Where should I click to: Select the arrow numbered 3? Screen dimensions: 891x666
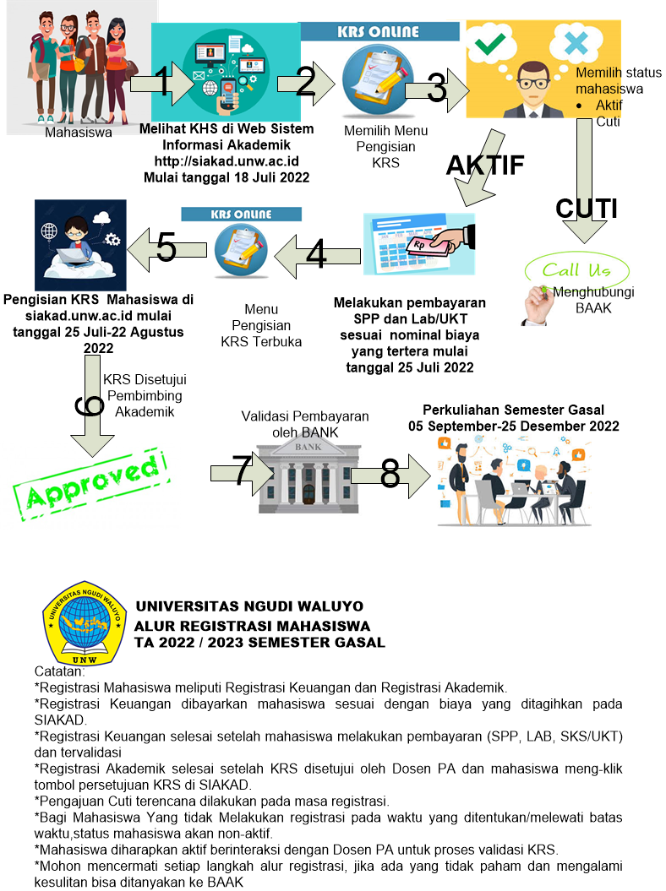point(436,88)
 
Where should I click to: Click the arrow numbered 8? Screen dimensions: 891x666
point(389,475)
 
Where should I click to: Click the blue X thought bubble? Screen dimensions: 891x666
point(574,43)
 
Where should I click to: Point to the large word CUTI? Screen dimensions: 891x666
point(586,209)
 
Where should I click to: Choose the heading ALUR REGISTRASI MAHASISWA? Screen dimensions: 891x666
point(252,626)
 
